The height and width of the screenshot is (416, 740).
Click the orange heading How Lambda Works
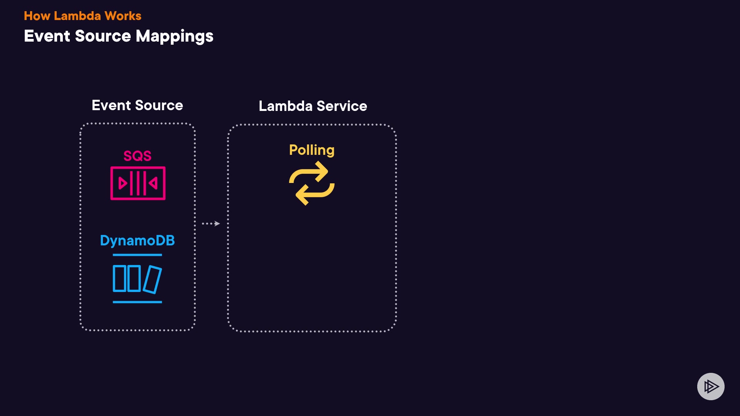pyautogui.click(x=82, y=16)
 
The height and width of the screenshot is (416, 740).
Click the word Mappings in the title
pyautogui.click(x=174, y=37)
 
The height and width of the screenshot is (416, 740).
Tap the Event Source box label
pyautogui.click(x=137, y=105)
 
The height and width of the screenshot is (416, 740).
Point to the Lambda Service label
pyautogui.click(x=313, y=106)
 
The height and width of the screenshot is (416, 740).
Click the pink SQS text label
pyautogui.click(x=137, y=156)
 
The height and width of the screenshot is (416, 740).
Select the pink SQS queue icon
pyautogui.click(x=138, y=183)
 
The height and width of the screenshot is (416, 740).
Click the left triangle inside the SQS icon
pyautogui.click(x=123, y=183)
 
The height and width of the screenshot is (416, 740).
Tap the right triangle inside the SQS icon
pyautogui.click(x=153, y=183)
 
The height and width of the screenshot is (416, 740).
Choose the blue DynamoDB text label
pyautogui.click(x=137, y=241)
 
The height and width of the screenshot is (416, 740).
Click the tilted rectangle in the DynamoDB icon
pyautogui.click(x=152, y=280)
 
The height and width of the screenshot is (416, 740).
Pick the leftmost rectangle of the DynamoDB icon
pyautogui.click(x=119, y=278)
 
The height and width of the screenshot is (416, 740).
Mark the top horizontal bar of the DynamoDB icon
pyautogui.click(x=137, y=255)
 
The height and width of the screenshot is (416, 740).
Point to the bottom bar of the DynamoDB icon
pyautogui.click(x=137, y=302)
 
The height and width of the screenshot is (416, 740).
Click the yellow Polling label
pyautogui.click(x=312, y=150)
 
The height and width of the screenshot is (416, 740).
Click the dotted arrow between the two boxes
pyautogui.click(x=211, y=223)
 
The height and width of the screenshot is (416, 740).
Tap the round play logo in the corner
pyautogui.click(x=711, y=386)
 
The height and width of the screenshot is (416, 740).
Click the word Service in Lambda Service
pyautogui.click(x=341, y=106)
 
